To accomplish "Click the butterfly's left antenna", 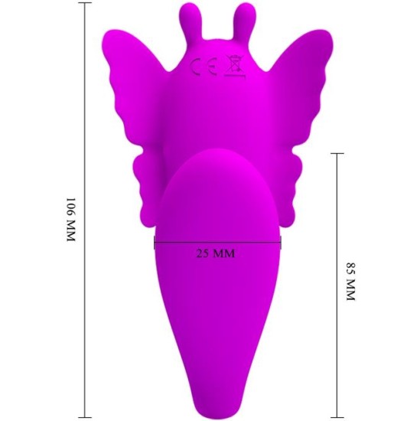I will pos(189,18).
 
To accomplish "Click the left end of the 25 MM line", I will pos(155,242).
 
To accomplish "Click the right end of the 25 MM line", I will pos(281,242).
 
